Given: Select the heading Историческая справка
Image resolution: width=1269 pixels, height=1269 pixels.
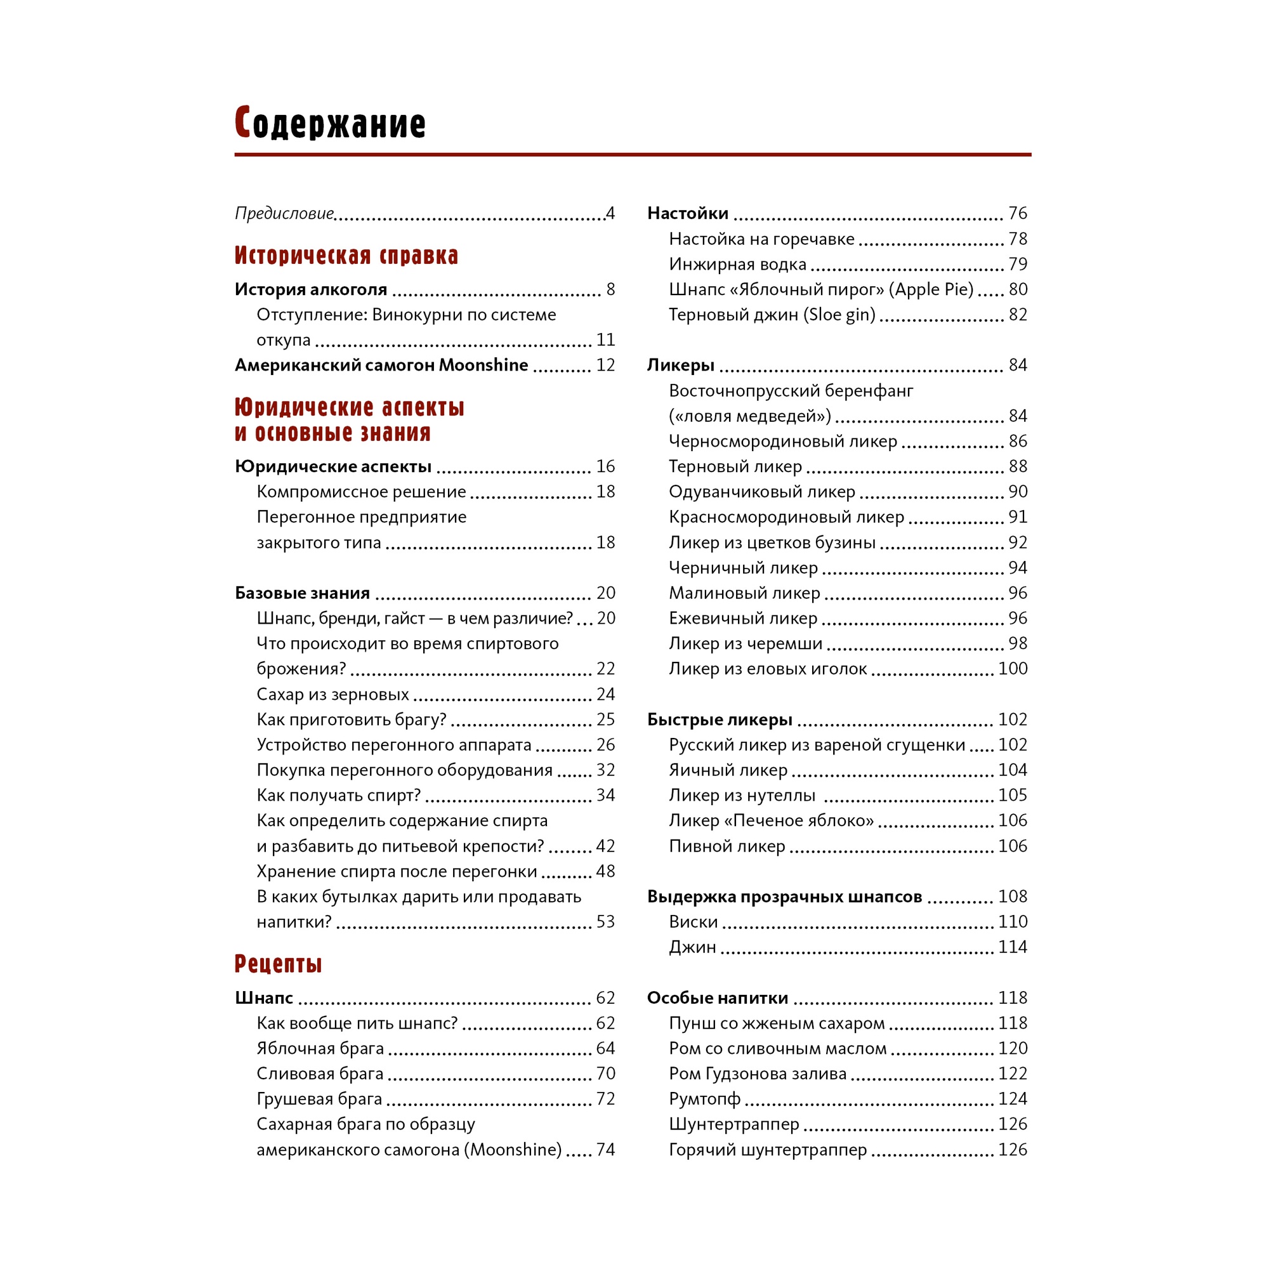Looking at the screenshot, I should (x=346, y=255).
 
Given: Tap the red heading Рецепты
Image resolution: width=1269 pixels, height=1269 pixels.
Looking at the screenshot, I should (x=279, y=963).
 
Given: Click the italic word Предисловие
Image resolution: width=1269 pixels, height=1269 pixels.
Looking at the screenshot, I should (x=284, y=213).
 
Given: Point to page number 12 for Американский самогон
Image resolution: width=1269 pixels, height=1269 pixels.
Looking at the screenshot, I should (x=605, y=365).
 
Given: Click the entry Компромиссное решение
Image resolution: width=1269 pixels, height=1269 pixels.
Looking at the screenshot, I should (x=361, y=491).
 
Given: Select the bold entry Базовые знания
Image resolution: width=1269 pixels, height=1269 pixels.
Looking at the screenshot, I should (x=302, y=593).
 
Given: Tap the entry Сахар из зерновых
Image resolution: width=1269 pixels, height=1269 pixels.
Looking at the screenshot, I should (x=332, y=694).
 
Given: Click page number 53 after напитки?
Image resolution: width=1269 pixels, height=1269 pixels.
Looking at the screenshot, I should (x=605, y=921).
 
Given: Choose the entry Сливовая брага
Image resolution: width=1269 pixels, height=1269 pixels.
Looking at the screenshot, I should (x=320, y=1074).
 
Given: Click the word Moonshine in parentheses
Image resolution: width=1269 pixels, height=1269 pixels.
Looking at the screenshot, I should (x=516, y=1150).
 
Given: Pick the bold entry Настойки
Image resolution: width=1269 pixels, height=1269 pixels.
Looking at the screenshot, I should (x=688, y=213).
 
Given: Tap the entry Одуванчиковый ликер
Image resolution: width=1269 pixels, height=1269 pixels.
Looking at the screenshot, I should (x=762, y=491).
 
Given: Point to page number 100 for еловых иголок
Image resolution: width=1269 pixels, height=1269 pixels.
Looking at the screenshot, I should (x=1012, y=669).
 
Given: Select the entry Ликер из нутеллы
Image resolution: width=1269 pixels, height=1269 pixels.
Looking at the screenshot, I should (x=742, y=796).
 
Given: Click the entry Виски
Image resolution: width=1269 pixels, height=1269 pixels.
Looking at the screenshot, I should (x=693, y=921).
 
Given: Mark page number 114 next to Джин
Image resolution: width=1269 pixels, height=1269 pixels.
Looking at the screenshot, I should (x=1012, y=947).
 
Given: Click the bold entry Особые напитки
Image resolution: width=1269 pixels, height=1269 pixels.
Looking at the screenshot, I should (x=717, y=997).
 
